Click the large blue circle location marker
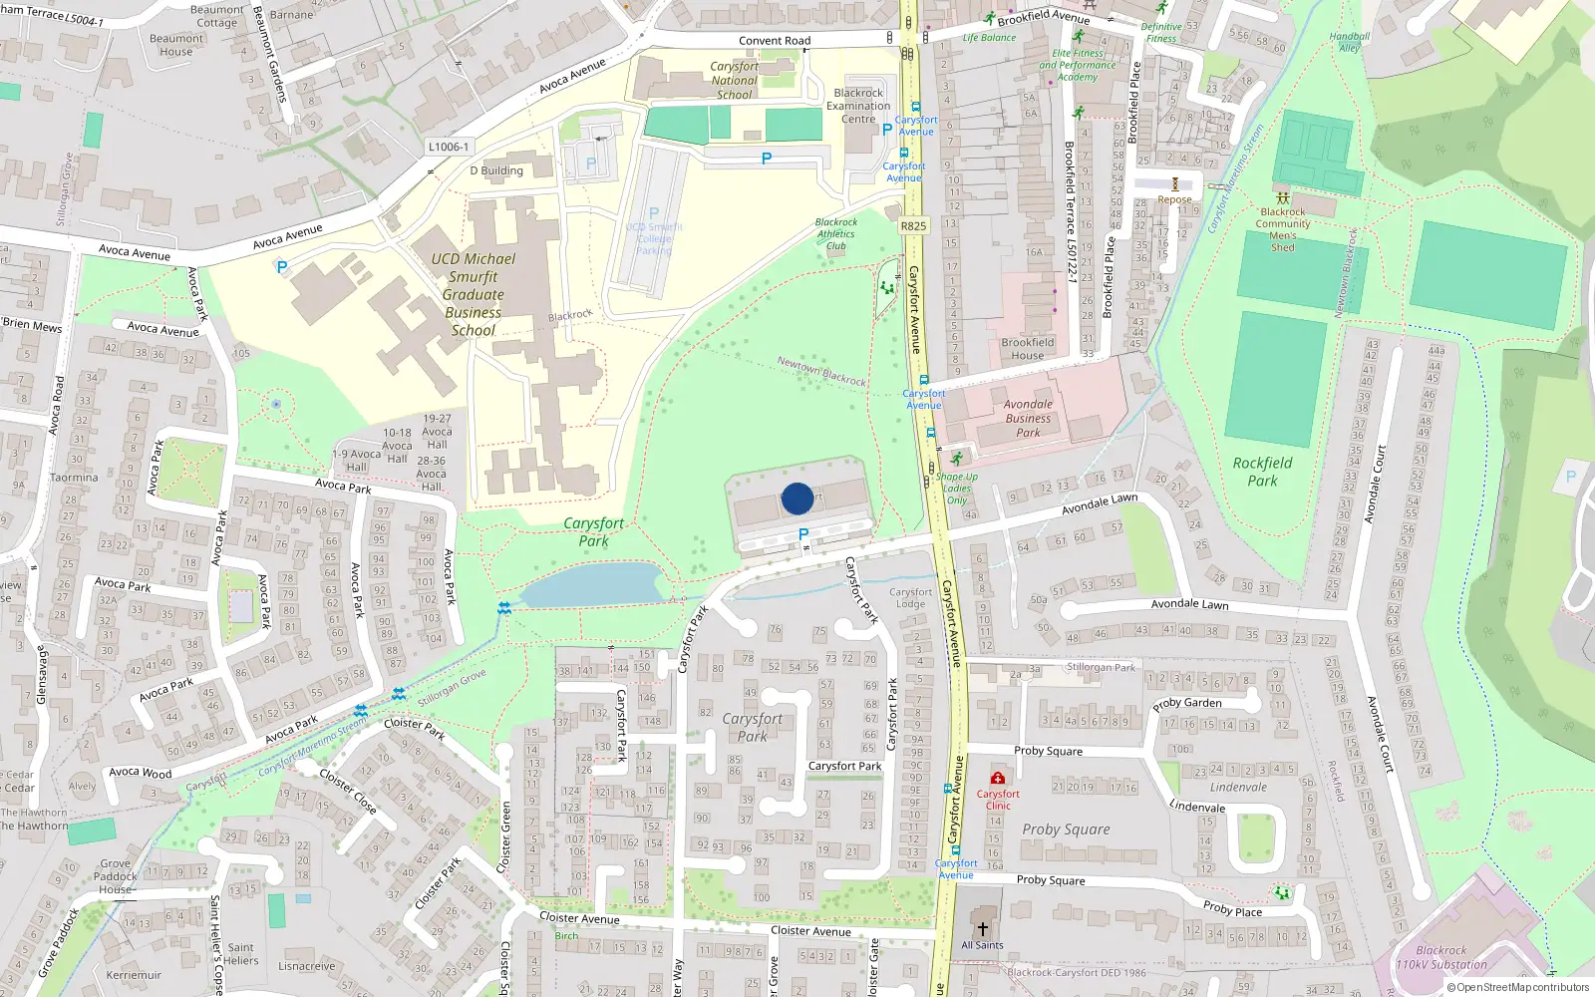point(797,498)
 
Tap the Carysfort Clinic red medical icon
point(998,778)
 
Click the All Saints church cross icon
point(982,928)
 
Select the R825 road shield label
point(913,226)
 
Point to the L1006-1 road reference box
point(449,147)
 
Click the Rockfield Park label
point(1262,472)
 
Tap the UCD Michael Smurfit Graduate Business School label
point(474,294)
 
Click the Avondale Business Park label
point(1028,418)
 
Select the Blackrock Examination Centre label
point(858,106)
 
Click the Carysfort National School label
point(735,81)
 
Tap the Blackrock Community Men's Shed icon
point(1282,198)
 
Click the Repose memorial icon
point(1174,184)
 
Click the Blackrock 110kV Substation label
point(1441,957)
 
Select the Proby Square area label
point(1066,830)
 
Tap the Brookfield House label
point(1028,349)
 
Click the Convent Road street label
point(775,41)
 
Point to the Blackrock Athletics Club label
point(835,234)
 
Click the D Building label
point(496,170)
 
